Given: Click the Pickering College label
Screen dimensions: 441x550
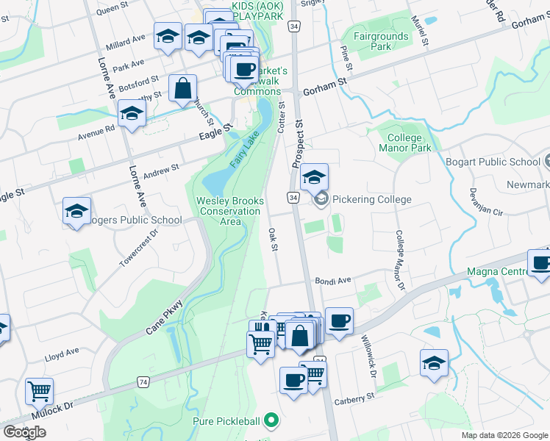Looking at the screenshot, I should click(371, 199).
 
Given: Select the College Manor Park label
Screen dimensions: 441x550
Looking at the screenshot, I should click(404, 143).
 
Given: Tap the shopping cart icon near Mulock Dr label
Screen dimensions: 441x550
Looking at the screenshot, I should click(39, 391).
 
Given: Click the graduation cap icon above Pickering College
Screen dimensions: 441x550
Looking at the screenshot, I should click(314, 177).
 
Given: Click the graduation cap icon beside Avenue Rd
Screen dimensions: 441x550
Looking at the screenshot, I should click(132, 113).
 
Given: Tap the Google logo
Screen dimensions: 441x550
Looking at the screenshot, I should click(24, 431).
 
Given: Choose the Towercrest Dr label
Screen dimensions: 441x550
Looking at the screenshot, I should click(139, 249).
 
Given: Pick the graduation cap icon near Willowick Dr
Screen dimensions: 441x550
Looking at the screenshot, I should click(435, 362).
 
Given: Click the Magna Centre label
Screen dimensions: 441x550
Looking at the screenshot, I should click(497, 272).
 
